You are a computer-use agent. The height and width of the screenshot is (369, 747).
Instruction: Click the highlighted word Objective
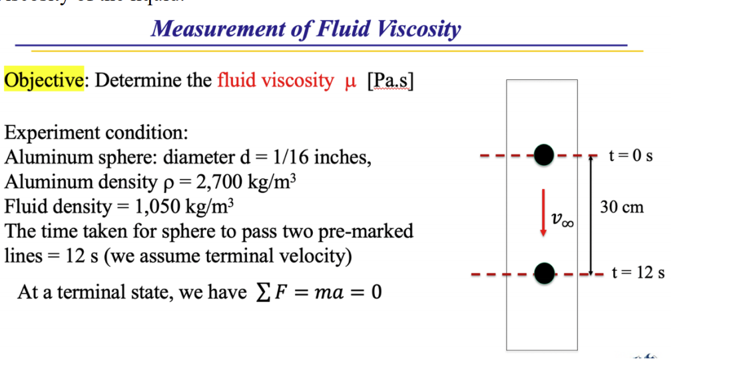(44, 81)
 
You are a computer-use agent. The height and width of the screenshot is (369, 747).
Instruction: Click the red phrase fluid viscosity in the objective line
(275, 81)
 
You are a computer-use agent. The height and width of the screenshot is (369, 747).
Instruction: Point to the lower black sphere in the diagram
(545, 272)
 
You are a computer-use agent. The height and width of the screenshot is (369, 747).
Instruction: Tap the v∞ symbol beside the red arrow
(562, 219)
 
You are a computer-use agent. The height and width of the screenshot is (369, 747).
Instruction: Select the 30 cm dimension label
(621, 206)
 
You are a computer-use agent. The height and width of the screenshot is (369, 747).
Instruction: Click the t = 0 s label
(630, 156)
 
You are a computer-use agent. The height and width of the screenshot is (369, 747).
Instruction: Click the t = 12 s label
(638, 272)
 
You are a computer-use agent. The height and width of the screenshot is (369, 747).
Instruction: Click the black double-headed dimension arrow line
(590, 214)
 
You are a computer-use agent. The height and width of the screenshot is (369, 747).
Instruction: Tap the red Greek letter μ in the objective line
(352, 81)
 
